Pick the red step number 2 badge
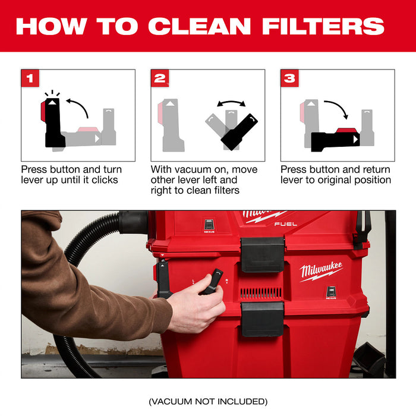pos(159,78)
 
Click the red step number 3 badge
pos(289,78)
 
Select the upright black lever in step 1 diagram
pos(54,121)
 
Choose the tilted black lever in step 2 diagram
pos(239,131)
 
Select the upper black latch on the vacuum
pos(262,254)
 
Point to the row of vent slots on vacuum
pos(262,293)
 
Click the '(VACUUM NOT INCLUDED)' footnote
pos(208,401)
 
